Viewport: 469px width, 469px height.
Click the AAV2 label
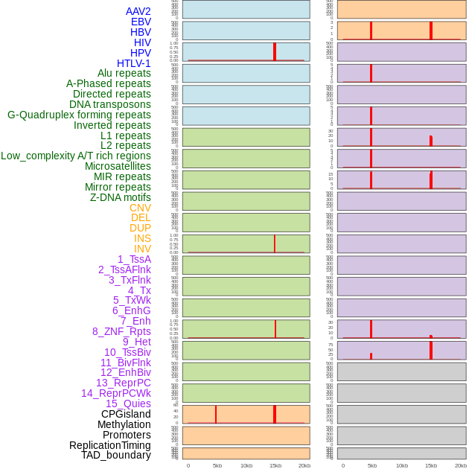coord(138,11)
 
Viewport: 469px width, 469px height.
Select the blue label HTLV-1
coord(134,63)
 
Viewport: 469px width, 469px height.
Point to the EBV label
coord(141,22)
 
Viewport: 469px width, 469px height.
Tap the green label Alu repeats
coord(124,73)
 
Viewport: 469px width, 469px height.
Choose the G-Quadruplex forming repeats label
coord(79,115)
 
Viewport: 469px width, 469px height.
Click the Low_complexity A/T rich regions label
coord(76,156)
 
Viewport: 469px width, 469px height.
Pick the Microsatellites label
coord(118,166)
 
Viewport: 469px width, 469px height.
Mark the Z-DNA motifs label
coord(121,197)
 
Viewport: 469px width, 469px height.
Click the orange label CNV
coord(140,208)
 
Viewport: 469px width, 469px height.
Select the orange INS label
coord(142,238)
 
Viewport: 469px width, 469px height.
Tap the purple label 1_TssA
coord(134,259)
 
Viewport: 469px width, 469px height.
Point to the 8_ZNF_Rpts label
coord(121,331)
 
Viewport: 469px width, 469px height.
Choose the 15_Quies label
coord(128,403)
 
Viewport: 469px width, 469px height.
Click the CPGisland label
coord(126,414)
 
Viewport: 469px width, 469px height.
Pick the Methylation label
coord(124,424)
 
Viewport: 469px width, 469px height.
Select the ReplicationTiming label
coord(110,445)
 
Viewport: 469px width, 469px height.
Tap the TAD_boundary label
coord(116,455)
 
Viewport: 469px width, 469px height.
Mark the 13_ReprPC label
coord(124,383)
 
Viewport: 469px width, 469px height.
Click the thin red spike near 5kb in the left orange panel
coord(216,414)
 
